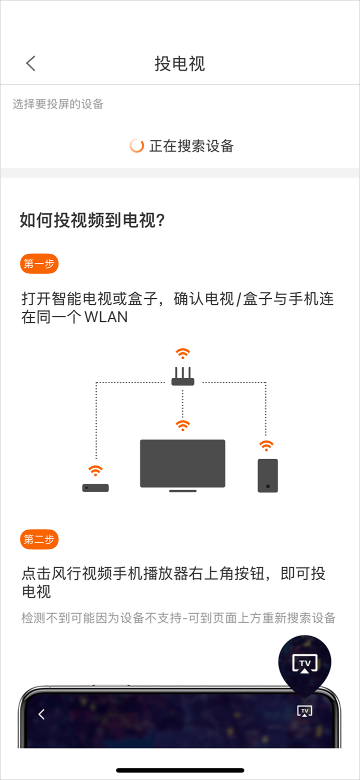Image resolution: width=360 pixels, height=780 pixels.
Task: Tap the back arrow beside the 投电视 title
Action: (30, 63)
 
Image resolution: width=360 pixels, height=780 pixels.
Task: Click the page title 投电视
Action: (180, 64)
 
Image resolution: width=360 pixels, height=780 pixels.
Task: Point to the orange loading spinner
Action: (136, 146)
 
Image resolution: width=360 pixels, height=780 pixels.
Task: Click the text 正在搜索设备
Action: (191, 146)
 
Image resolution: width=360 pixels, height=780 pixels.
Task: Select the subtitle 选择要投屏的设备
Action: (58, 104)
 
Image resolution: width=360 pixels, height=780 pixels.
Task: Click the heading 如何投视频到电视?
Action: (92, 220)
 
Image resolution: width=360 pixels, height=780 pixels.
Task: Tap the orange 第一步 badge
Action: (39, 264)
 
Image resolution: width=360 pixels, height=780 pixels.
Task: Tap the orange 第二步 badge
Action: (39, 539)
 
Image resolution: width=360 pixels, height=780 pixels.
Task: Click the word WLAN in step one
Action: (106, 317)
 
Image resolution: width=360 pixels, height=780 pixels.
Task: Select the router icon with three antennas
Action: (182, 376)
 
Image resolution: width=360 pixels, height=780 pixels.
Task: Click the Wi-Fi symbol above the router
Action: (182, 353)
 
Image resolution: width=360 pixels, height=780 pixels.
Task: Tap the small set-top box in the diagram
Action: (95, 488)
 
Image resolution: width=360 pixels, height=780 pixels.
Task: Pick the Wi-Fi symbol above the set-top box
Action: (95, 471)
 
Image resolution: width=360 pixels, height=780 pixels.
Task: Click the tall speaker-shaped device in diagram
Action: (267, 476)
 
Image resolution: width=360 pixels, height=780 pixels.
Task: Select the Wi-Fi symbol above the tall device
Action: (266, 446)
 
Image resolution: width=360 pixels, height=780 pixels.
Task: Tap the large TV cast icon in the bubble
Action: (304, 664)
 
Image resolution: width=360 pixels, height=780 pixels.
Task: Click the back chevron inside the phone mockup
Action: (41, 714)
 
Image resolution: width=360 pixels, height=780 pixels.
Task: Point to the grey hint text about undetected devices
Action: (178, 618)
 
